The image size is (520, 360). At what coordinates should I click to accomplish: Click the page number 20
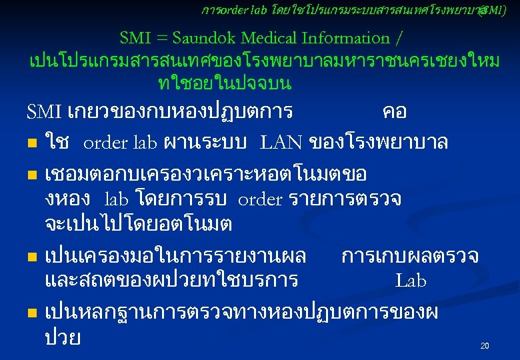pyautogui.click(x=485, y=346)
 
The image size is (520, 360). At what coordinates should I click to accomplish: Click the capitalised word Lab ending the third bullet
pyautogui.click(x=411, y=281)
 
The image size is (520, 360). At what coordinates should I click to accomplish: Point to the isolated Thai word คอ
pyautogui.click(x=395, y=111)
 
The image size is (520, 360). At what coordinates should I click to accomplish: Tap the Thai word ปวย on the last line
pyautogui.click(x=63, y=337)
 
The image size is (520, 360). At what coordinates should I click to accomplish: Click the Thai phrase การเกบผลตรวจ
pyautogui.click(x=410, y=255)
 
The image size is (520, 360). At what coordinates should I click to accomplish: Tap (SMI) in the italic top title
pyautogui.click(x=494, y=11)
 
